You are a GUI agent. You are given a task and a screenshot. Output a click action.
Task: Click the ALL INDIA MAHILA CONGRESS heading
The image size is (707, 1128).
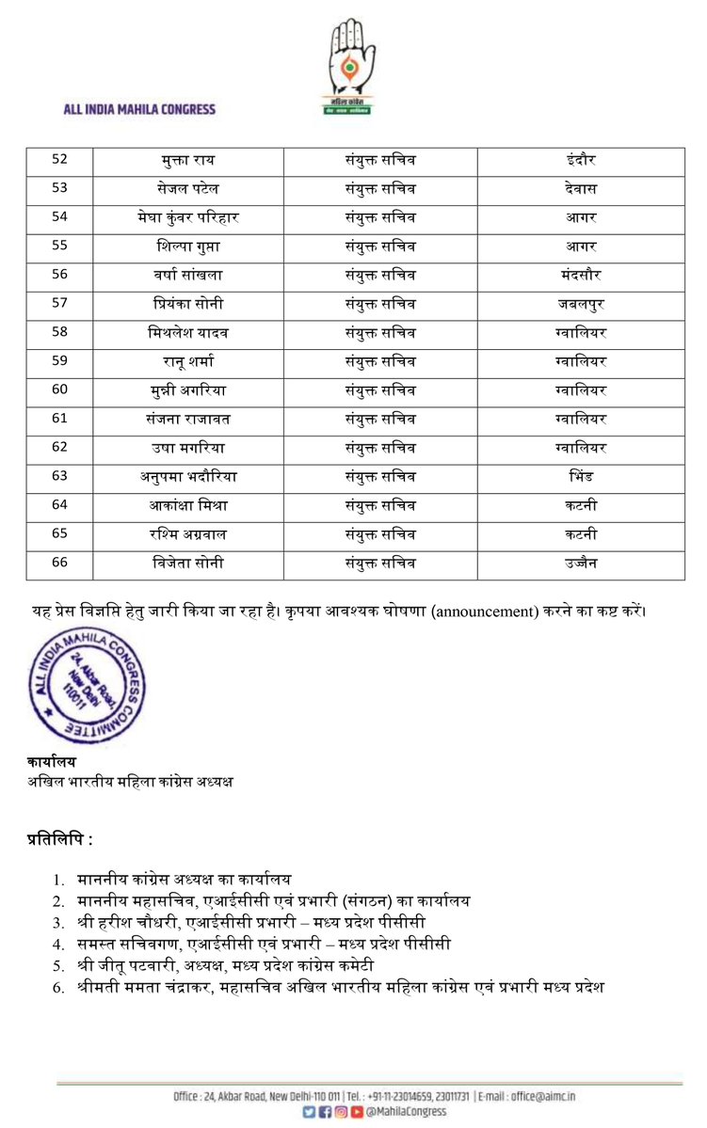click(x=139, y=109)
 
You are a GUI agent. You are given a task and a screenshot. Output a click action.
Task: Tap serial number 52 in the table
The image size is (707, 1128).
click(x=59, y=159)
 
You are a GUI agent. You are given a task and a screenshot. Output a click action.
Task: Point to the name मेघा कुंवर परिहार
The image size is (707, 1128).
click(x=189, y=217)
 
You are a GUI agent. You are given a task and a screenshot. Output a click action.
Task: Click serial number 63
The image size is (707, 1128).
click(x=59, y=477)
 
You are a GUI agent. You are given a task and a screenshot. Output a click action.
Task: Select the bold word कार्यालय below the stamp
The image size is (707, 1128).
click(x=51, y=762)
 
